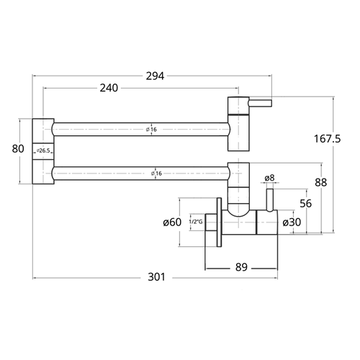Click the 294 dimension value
click(x=155, y=76)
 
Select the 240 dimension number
click(x=109, y=88)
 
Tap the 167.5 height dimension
click(x=328, y=139)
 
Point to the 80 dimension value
click(x=18, y=149)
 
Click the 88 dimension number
click(x=321, y=182)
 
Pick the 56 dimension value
click(x=306, y=204)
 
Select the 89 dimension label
click(x=241, y=267)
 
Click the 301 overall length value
click(x=156, y=277)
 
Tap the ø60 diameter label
click(x=172, y=222)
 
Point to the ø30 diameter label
click(x=292, y=222)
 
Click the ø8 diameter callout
click(x=269, y=178)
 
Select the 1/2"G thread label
click(x=196, y=222)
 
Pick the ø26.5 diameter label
click(x=43, y=150)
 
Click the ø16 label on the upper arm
click(x=151, y=130)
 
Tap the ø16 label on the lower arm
click(x=156, y=174)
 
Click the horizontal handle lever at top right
click(x=261, y=103)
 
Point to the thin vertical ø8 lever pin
click(x=269, y=200)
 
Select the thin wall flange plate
click(x=219, y=222)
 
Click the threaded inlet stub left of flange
click(x=211, y=222)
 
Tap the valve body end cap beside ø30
click(x=267, y=222)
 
